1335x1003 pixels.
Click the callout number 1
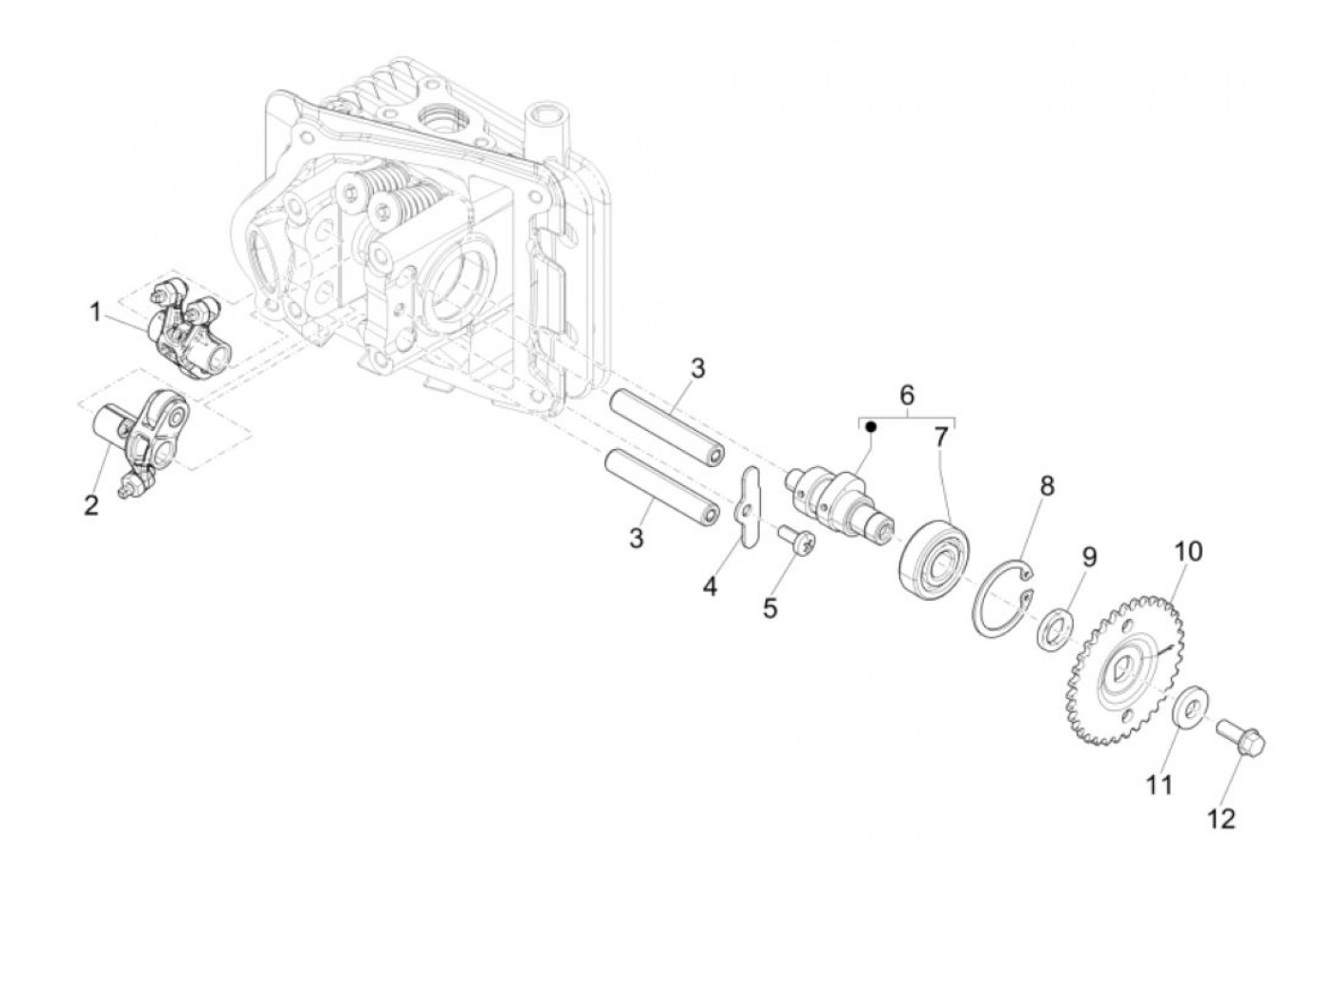coord(95,312)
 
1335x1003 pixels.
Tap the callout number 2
coord(91,504)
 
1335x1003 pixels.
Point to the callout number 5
coord(770,607)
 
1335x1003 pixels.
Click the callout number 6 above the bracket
coord(907,394)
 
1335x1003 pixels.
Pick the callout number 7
coord(942,438)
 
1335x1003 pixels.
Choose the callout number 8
coord(1047,486)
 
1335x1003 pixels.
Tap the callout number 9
coord(1089,556)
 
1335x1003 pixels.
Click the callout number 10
coord(1188,552)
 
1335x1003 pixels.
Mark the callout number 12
coord(1222,818)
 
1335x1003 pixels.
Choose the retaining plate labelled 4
coord(747,508)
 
